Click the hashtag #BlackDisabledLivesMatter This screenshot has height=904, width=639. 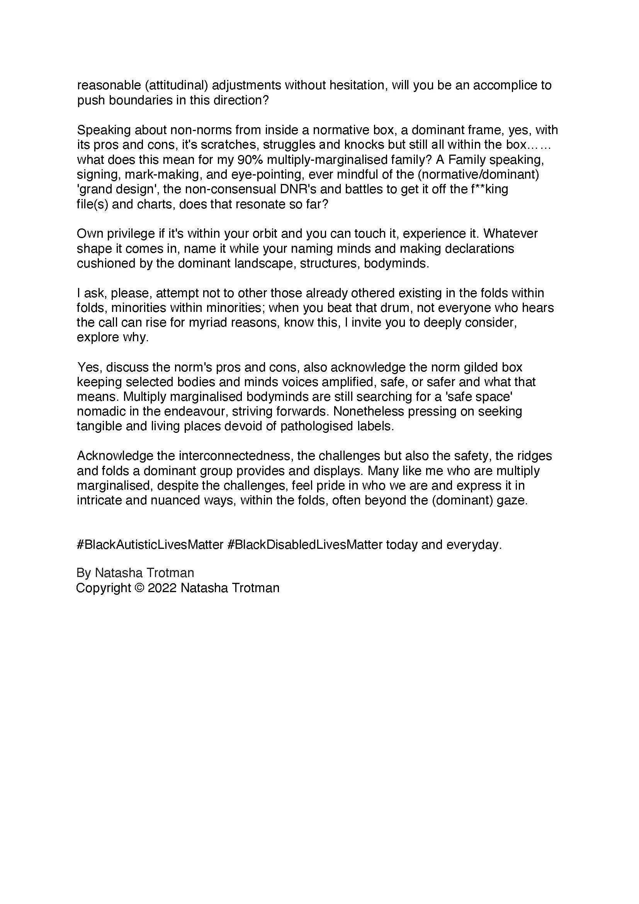(x=305, y=545)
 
